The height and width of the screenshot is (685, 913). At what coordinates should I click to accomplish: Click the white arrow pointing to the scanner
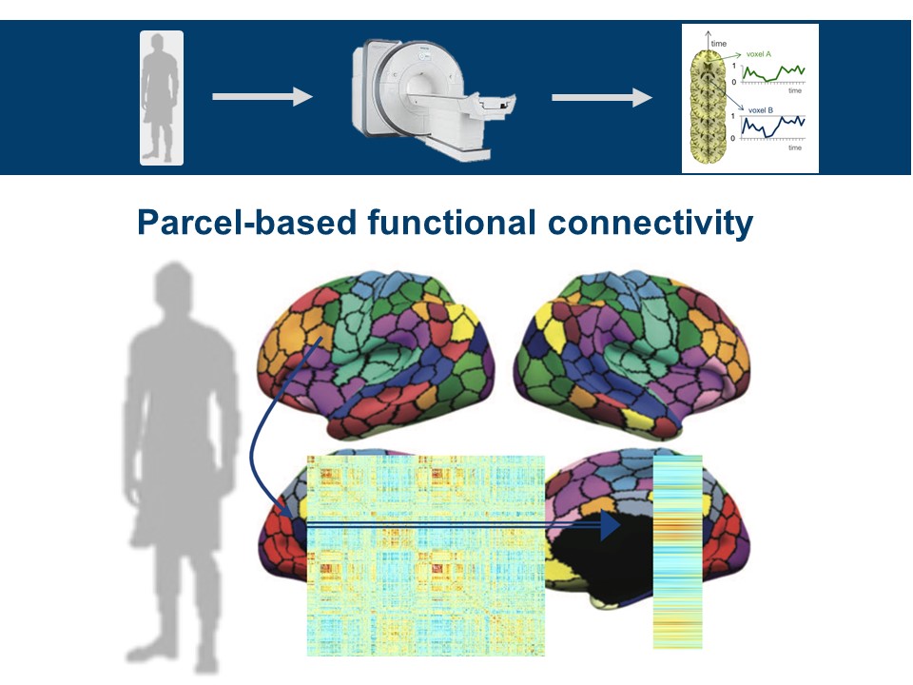[x=262, y=96]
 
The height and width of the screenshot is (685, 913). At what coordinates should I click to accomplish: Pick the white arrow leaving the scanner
[x=601, y=96]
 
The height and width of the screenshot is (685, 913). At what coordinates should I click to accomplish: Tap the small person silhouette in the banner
[x=161, y=97]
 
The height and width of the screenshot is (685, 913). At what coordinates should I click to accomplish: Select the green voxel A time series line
[x=772, y=73]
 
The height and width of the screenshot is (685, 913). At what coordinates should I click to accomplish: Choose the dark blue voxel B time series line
[x=772, y=128]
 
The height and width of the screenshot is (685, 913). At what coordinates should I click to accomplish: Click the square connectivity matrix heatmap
[x=425, y=556]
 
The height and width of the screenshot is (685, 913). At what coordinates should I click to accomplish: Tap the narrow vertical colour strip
[x=677, y=552]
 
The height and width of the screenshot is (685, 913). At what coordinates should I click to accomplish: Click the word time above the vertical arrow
[x=718, y=43]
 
